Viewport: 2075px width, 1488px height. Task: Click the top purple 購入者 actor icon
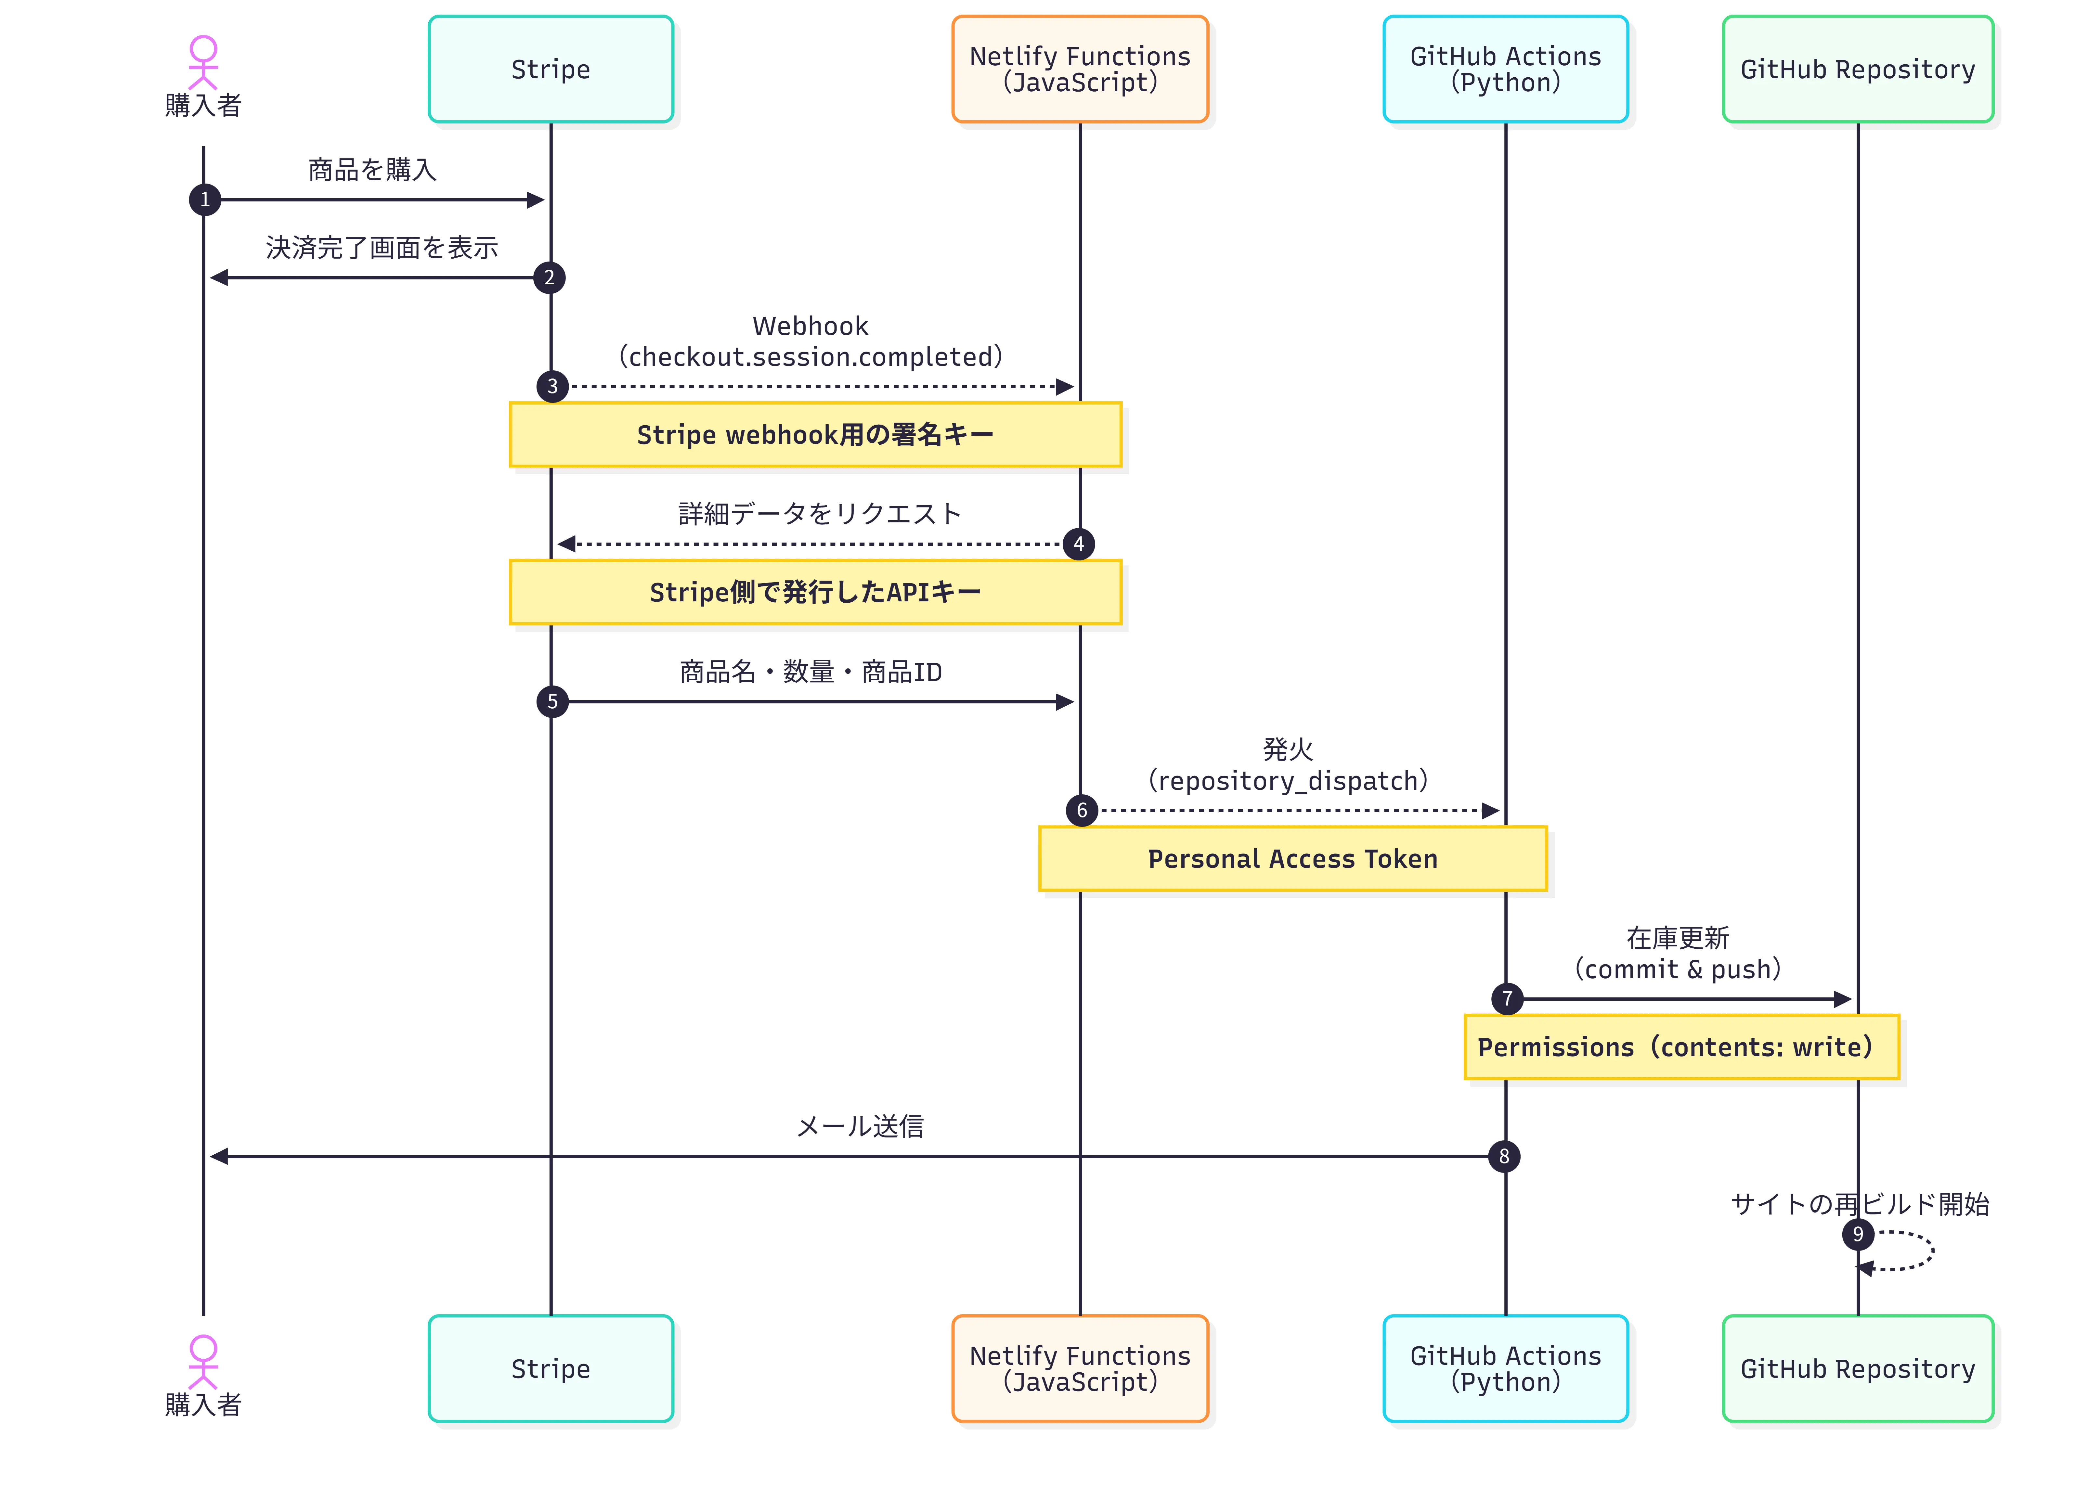tap(203, 62)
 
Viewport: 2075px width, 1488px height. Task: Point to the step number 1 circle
tap(205, 199)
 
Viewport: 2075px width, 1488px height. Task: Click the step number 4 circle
tap(1079, 544)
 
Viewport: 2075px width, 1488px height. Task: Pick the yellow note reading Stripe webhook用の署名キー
tap(815, 434)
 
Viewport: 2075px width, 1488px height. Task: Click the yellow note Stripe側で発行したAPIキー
tap(815, 593)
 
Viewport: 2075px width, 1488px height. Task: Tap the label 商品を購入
tap(372, 170)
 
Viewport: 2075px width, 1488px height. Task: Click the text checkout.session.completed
tap(811, 357)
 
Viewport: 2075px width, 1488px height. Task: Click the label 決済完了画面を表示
tap(382, 248)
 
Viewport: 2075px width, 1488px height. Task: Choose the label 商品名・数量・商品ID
tap(811, 672)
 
